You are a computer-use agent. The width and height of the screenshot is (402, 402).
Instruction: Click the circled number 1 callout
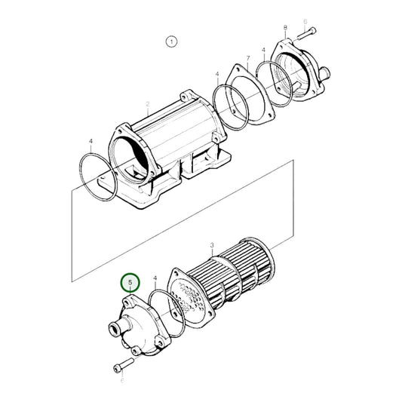(172, 41)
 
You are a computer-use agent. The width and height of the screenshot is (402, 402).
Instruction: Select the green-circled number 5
(131, 284)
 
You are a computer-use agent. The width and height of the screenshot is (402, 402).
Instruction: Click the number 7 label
(247, 58)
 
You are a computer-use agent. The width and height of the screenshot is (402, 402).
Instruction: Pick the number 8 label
(285, 28)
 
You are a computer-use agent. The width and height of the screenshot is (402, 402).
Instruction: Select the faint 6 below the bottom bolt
(121, 381)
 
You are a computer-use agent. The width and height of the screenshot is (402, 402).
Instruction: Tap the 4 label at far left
(91, 141)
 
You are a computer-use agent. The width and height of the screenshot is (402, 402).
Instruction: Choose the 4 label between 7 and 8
(263, 51)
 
